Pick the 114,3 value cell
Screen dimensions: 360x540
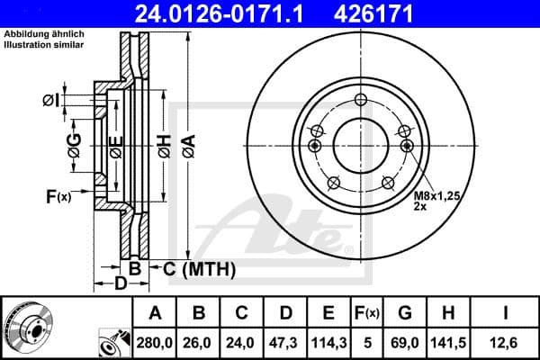[328, 343]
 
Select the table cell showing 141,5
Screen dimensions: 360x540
[449, 343]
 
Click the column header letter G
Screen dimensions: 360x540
[405, 313]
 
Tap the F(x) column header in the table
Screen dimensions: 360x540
[367, 313]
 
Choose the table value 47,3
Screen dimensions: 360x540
[285, 343]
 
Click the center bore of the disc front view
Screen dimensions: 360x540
[360, 146]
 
